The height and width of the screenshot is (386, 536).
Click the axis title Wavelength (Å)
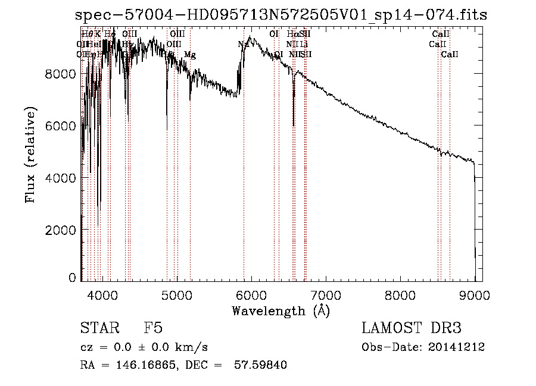(x=281, y=310)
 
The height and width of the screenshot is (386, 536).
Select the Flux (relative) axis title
(x=31, y=155)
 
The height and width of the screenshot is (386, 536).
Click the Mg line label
(x=189, y=55)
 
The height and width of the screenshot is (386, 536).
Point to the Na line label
(x=243, y=44)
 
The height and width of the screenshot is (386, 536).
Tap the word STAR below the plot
(x=96, y=329)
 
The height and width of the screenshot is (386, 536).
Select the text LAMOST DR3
(x=412, y=329)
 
